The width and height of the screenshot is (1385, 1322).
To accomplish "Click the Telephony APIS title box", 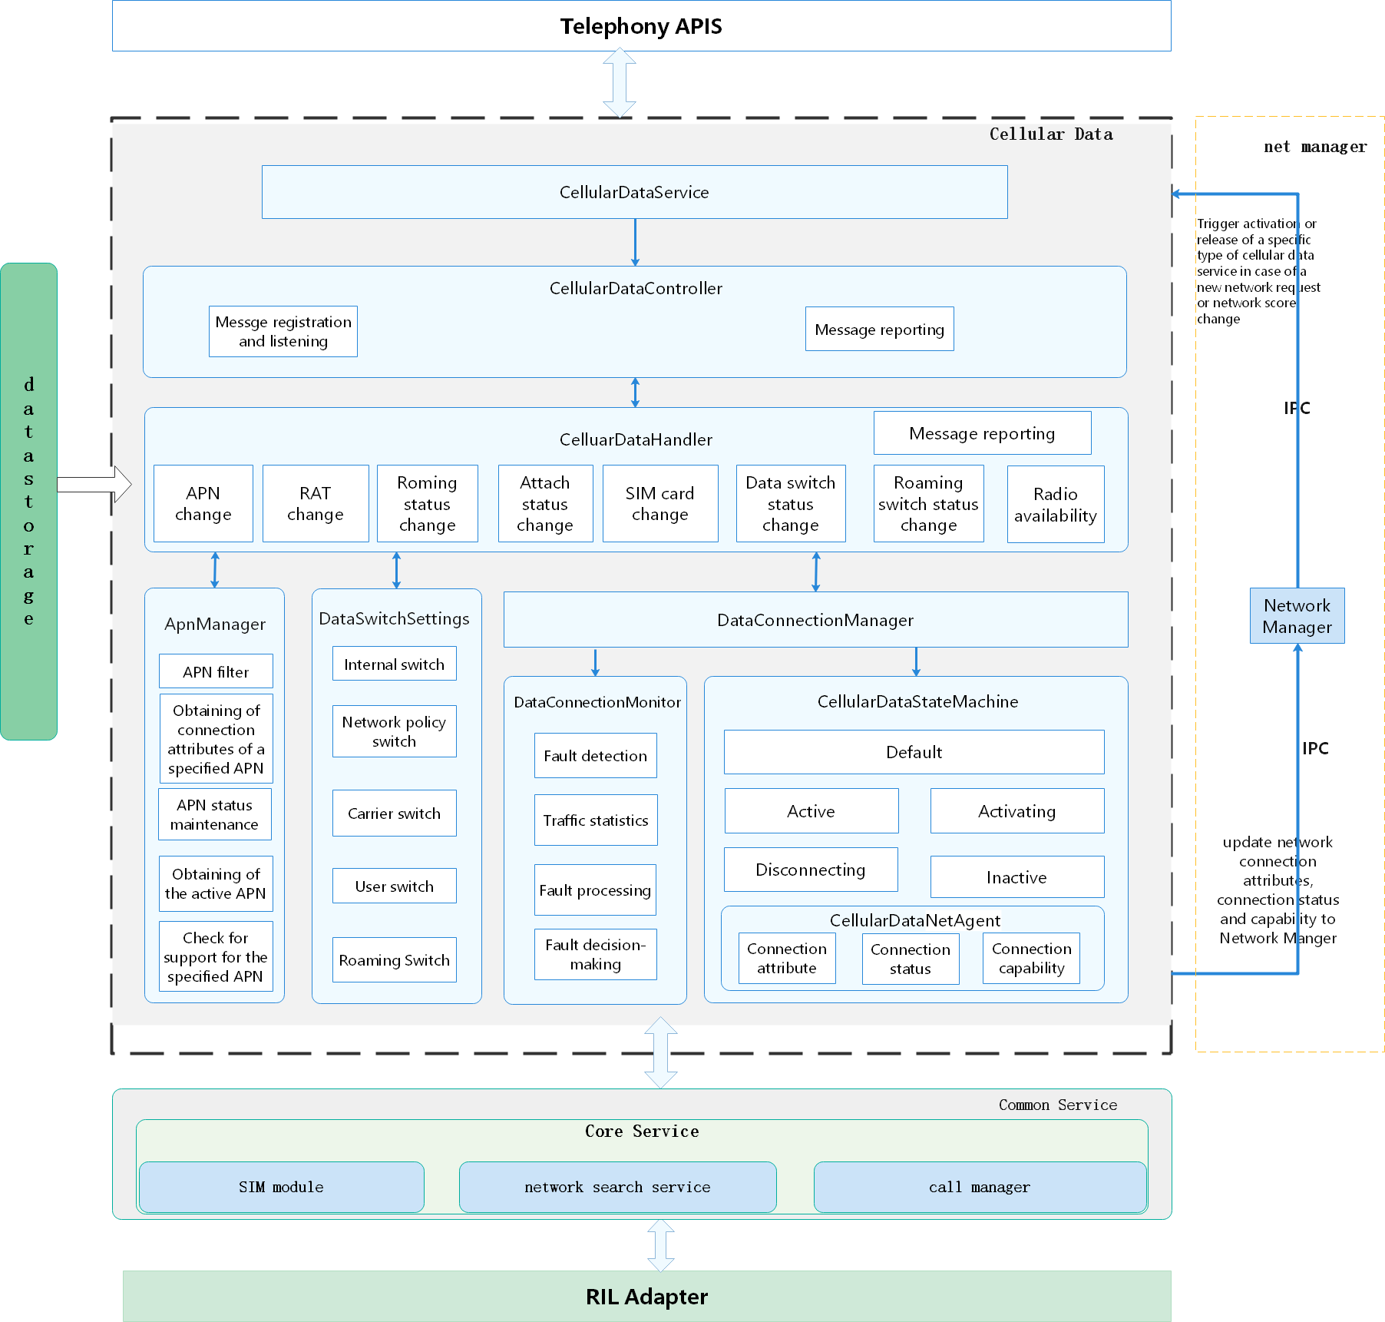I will (x=641, y=26).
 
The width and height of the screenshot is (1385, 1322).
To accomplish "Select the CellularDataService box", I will (x=634, y=192).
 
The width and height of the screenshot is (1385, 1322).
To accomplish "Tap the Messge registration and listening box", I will (x=283, y=332).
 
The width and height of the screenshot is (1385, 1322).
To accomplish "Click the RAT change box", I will (x=315, y=504).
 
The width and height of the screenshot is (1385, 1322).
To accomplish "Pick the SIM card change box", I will (x=659, y=504).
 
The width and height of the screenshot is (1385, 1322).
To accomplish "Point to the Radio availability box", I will (x=1055, y=505).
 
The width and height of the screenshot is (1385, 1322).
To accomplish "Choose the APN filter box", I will (x=216, y=671).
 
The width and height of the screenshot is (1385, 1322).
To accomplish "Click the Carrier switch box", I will (x=394, y=813).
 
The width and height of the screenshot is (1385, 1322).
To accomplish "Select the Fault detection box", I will (x=595, y=756).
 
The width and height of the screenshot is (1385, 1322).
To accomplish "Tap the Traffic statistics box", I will (x=595, y=820).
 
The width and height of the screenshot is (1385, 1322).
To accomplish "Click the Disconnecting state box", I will (x=810, y=870).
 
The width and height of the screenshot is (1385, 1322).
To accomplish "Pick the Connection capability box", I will (x=1031, y=959).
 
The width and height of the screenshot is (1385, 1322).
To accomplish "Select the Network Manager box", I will (x=1297, y=616).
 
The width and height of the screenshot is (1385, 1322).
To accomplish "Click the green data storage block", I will (x=29, y=502).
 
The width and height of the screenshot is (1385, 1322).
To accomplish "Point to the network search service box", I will (x=617, y=1187).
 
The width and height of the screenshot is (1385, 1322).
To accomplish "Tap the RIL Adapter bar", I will (x=646, y=1297).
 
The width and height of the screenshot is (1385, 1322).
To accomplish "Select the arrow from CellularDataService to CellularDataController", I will (x=635, y=243).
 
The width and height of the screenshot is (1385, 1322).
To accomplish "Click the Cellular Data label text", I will (x=1050, y=134).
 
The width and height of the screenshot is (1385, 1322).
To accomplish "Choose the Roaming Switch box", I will (x=394, y=960).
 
